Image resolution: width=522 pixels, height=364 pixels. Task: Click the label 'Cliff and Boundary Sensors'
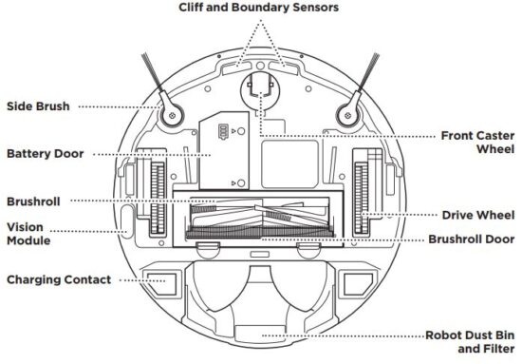(258, 8)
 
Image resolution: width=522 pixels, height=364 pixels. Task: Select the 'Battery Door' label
(45, 153)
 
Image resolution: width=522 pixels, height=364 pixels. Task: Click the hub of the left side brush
(173, 117)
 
